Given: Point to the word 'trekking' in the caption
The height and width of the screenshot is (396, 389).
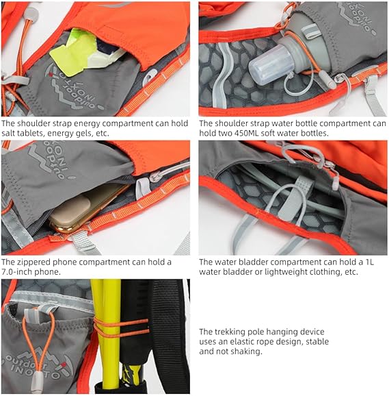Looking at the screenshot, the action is pos(231,332).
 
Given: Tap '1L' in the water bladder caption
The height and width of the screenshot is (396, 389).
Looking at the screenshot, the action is pos(369,262).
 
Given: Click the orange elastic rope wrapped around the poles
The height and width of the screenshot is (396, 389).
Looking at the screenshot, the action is pos(121,327).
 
